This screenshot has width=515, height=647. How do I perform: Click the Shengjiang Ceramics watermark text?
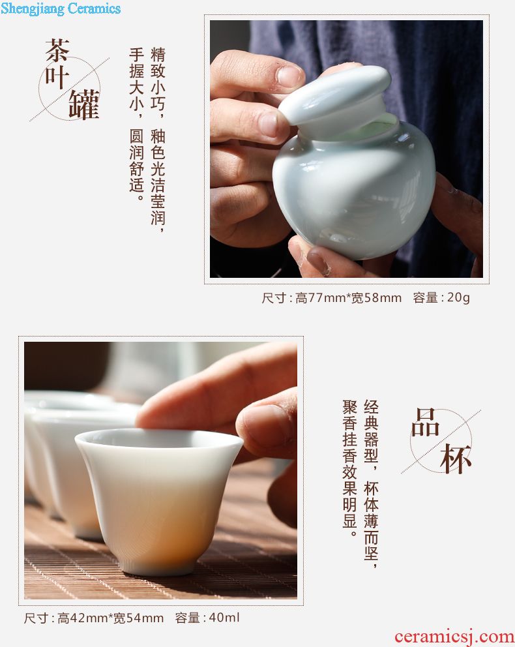click(x=61, y=8)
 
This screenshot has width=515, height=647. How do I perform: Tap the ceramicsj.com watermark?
click(x=454, y=637)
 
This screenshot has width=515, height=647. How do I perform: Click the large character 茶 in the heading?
click(x=57, y=51)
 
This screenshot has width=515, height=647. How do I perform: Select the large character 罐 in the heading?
click(x=84, y=105)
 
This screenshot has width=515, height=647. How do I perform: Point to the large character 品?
click(x=426, y=423)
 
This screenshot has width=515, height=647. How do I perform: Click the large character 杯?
click(x=456, y=459)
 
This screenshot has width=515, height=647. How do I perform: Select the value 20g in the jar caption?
click(x=458, y=297)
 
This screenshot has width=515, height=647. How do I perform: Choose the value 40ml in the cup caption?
click(x=224, y=618)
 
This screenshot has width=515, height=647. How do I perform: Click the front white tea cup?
click(x=159, y=500)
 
